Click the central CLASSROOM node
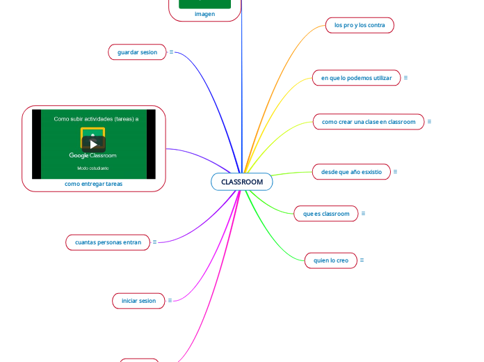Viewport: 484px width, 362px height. (242, 182)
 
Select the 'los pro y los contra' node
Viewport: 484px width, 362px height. (360, 25)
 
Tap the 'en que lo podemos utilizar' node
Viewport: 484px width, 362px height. (356, 78)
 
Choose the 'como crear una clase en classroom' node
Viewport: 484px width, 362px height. (368, 122)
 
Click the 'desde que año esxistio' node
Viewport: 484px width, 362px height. (351, 171)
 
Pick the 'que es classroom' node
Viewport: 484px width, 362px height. (326, 214)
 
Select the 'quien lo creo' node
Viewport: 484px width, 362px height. (331, 260)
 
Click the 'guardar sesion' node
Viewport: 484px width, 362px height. (137, 52)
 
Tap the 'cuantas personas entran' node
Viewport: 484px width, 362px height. (108, 242)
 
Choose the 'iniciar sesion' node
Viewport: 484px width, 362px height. (138, 301)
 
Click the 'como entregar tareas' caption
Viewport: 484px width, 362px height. (93, 184)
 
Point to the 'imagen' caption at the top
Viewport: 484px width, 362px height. (204, 13)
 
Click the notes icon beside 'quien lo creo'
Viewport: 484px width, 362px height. (362, 260)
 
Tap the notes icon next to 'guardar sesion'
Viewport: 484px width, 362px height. (172, 52)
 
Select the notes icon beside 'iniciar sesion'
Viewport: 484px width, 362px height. (170, 301)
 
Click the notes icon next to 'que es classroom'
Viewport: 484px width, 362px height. (364, 214)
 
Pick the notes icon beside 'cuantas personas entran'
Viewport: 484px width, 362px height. (154, 242)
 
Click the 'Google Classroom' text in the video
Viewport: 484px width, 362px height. (93, 155)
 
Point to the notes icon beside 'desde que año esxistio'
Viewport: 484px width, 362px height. (396, 171)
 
